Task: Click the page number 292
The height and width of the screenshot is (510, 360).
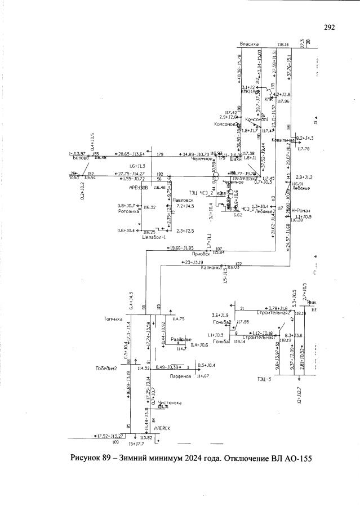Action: tap(330, 27)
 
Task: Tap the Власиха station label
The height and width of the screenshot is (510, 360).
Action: tap(248, 43)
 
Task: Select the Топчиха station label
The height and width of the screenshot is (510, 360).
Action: tap(113, 319)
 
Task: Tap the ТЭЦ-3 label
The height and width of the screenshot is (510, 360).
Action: tap(263, 378)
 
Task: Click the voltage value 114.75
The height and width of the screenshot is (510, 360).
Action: tap(179, 319)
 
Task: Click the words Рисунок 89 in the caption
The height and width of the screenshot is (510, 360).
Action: tap(91, 457)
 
